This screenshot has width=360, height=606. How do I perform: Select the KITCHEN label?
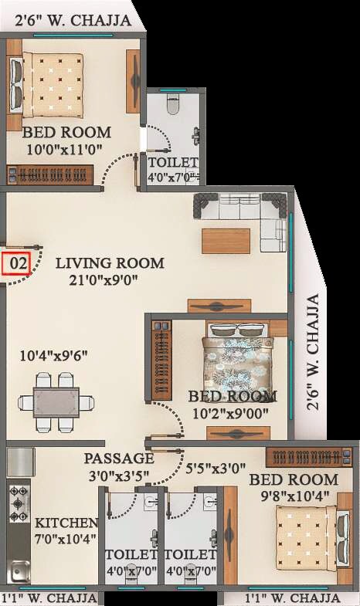coord(66,523)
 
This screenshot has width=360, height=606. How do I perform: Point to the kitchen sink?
coord(19,571)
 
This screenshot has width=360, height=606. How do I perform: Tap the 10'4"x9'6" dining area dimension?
coord(54,356)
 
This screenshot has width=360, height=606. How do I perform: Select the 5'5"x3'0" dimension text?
coord(216,467)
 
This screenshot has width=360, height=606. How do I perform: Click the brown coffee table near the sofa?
coord(225,240)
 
